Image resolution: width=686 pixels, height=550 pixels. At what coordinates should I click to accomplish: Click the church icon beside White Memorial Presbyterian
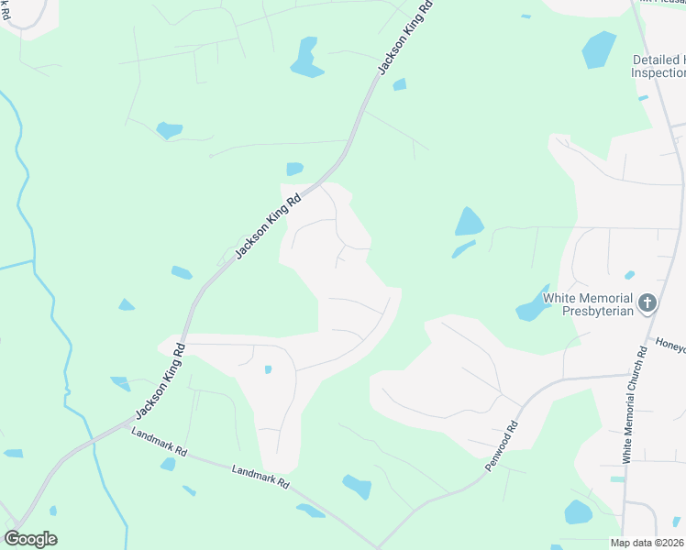[x=647, y=303]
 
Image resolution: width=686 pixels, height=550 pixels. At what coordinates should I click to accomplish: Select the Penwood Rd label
[x=503, y=446]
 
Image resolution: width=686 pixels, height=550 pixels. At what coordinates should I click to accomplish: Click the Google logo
[x=30, y=539]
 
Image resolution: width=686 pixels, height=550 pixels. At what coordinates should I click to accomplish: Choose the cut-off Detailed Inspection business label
[x=658, y=66]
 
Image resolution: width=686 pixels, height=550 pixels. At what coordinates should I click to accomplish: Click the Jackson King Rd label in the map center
[x=269, y=225]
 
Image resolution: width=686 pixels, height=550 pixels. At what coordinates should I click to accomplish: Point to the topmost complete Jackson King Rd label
[x=404, y=46]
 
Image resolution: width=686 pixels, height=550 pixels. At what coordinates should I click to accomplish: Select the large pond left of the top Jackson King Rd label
[x=305, y=58]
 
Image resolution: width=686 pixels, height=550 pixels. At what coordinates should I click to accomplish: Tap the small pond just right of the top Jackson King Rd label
[x=399, y=85]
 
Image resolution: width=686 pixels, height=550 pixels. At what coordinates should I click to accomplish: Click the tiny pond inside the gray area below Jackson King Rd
[x=267, y=369]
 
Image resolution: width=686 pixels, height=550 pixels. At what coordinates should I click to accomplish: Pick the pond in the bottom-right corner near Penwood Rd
[x=578, y=511]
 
